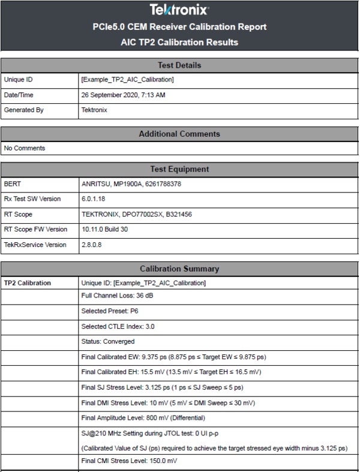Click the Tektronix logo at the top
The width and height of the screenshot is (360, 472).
(179, 10)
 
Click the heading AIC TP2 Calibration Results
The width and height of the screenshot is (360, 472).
(179, 42)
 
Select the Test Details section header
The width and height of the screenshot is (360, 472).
(179, 65)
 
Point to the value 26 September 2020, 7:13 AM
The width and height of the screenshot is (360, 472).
(123, 95)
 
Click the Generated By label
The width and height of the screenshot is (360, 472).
(24, 110)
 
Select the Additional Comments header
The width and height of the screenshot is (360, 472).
(179, 134)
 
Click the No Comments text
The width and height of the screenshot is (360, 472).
(25, 148)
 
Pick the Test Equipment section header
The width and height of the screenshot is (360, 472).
(179, 169)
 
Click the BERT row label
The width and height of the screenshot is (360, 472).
(13, 184)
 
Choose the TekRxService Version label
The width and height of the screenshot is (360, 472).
(35, 245)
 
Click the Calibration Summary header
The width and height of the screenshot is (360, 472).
(179, 269)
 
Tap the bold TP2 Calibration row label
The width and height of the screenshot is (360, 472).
(28, 282)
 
